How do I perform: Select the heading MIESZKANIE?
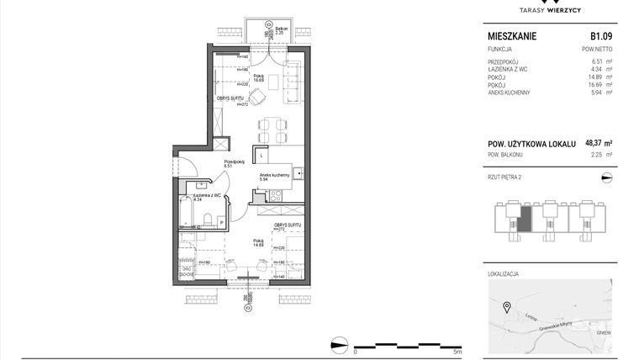point(512,37)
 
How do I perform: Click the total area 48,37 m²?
point(598,143)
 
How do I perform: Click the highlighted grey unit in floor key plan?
point(524,220)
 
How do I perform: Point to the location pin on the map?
point(506,306)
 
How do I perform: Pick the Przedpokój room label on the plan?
point(233,161)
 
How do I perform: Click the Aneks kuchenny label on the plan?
point(274,174)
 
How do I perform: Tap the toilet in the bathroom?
point(206,221)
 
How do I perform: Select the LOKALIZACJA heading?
point(504,274)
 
